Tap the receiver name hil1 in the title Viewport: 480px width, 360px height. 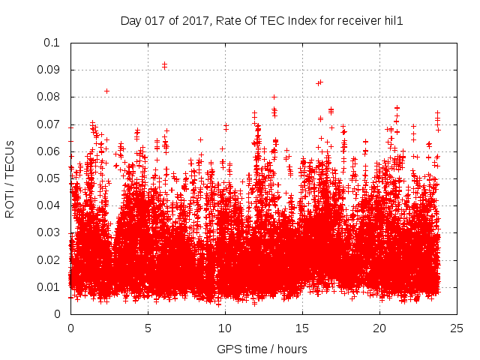[391, 21]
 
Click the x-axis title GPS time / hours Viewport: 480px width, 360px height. [262, 349]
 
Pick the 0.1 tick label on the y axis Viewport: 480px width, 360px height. [52, 43]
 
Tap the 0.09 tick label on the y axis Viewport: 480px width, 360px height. [49, 70]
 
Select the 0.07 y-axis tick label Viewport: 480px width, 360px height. [49, 124]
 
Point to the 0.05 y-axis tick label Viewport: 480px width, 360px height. [49, 178]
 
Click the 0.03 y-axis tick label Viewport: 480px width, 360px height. [49, 232]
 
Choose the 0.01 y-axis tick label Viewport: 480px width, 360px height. [49, 287]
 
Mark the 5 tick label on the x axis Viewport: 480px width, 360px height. [148, 328]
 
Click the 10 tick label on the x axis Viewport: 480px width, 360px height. [225, 328]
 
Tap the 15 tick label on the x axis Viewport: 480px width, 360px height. [302, 328]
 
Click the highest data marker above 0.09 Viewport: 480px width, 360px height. [164, 65]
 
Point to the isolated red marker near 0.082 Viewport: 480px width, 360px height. [106, 91]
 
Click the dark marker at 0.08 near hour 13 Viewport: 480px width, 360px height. [274, 97]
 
